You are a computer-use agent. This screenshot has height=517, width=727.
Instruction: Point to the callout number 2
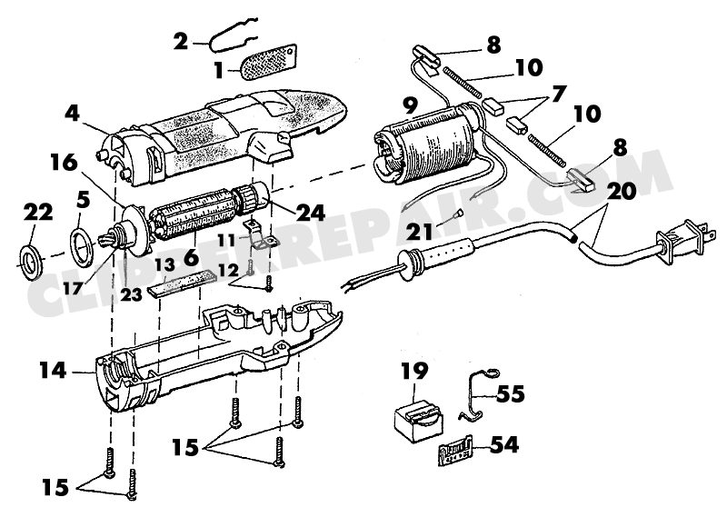pyautogui.click(x=181, y=41)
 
